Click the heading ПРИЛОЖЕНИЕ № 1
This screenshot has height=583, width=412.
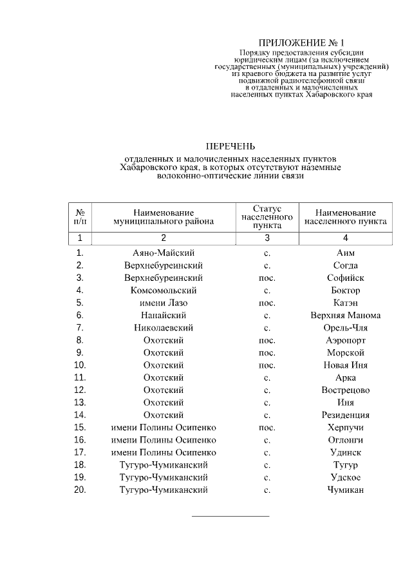pos(301,43)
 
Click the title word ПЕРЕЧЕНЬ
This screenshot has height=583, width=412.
pos(230,146)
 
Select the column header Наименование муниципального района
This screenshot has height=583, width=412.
pos(164,217)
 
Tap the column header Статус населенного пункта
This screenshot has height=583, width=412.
pos(267,217)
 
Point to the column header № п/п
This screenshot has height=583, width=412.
pos(80,217)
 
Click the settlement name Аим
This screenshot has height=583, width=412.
pos(346,253)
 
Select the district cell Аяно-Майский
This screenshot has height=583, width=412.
pos(164,253)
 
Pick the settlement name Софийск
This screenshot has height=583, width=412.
pos(346,278)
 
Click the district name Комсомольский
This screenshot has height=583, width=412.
pos(164,291)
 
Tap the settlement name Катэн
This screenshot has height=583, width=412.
pos(346,303)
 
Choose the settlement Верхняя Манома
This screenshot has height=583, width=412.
pos(346,315)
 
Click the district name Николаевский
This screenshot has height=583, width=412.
pos(164,328)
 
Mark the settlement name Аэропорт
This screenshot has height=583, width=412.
pos(346,340)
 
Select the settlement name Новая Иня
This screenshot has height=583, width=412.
pos(346,365)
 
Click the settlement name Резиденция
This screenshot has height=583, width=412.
pos(346,415)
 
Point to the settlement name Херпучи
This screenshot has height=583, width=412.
pos(346,427)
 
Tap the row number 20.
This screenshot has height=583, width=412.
pos(80,490)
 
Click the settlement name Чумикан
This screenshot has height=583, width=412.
pos(346,490)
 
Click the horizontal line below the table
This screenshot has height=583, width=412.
pos(230,516)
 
